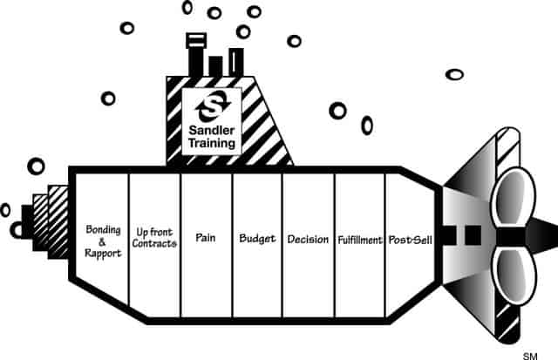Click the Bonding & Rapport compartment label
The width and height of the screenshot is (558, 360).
(x=103, y=241)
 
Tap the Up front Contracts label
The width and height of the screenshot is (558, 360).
(x=154, y=238)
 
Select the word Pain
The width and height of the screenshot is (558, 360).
(x=206, y=237)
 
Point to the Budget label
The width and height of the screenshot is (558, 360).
(x=257, y=239)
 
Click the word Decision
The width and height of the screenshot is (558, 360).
(x=308, y=240)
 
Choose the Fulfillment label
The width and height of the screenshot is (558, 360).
(x=360, y=240)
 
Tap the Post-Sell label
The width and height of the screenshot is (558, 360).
(x=411, y=240)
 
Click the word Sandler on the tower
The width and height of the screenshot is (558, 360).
(x=212, y=130)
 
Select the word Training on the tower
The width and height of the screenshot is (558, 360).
(x=212, y=143)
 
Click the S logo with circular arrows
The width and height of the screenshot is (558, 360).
(x=213, y=106)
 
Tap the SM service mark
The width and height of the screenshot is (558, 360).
(x=530, y=356)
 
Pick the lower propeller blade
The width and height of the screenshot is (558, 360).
(x=513, y=275)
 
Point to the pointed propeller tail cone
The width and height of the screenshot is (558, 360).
(x=541, y=236)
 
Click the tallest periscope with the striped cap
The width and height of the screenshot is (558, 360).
(x=196, y=55)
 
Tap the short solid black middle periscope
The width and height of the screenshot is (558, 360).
(x=215, y=66)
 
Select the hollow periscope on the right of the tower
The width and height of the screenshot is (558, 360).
(x=236, y=63)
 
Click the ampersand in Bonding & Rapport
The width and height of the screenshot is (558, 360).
(x=102, y=242)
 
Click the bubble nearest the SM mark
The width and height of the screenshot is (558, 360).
(x=454, y=75)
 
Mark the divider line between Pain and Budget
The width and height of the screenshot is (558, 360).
(x=232, y=245)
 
